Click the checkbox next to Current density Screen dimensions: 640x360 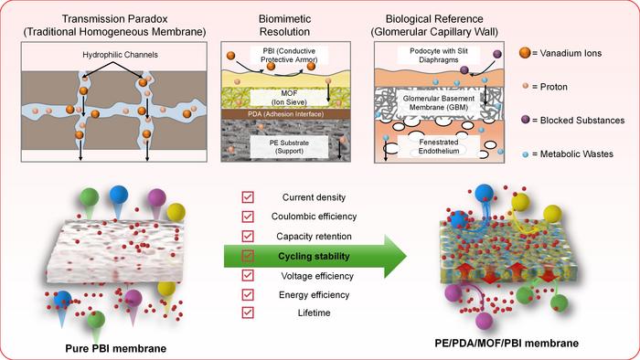click(248, 197)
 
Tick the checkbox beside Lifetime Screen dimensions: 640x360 click(248, 312)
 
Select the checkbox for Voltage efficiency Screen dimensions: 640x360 click(248, 275)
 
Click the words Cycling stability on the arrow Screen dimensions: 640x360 click(314, 257)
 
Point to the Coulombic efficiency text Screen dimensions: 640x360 click(314, 217)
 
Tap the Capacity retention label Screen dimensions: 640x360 click(314, 237)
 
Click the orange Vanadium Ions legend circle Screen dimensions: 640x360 click(525, 53)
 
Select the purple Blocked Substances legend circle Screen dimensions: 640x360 click(526, 120)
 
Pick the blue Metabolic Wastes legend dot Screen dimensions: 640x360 click(526, 154)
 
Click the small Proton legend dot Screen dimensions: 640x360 click(526, 86)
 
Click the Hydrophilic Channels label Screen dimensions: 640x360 click(120, 55)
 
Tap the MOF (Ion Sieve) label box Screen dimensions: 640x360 click(289, 98)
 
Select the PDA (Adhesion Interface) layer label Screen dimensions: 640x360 click(285, 114)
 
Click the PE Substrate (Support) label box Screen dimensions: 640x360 click(289, 147)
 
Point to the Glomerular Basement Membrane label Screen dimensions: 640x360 click(439, 102)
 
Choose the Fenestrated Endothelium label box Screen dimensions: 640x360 click(439, 146)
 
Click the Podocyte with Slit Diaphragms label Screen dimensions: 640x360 click(439, 55)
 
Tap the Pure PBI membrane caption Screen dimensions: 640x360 click(116, 349)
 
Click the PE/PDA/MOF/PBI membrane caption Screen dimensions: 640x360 click(507, 344)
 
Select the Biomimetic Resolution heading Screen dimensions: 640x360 click(285, 26)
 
